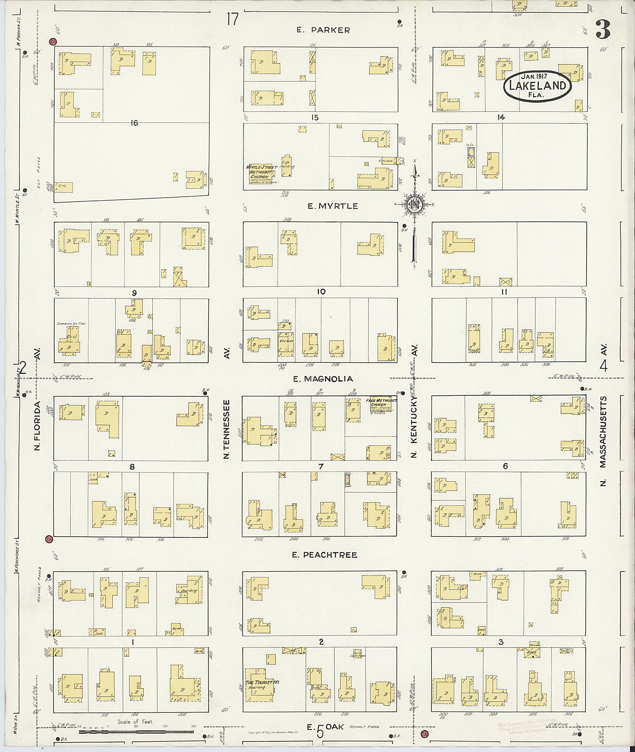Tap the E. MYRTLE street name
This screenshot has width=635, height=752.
click(x=333, y=206)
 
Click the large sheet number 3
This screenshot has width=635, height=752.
click(x=603, y=30)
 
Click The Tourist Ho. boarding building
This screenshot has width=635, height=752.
click(x=260, y=685)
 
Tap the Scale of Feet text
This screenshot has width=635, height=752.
click(x=135, y=721)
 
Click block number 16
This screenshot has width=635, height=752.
click(x=134, y=123)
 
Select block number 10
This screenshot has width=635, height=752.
click(x=321, y=292)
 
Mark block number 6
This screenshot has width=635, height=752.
click(x=505, y=466)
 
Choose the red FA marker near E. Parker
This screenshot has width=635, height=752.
click(x=53, y=42)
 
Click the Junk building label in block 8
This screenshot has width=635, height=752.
click(x=93, y=479)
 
